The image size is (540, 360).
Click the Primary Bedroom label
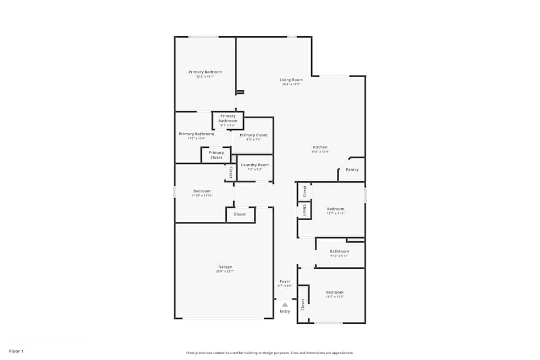pyautogui.click(x=205, y=72)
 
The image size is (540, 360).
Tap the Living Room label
pyautogui.click(x=291, y=80)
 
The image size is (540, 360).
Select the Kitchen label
pyautogui.click(x=320, y=147)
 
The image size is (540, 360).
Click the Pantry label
pyautogui.click(x=352, y=169)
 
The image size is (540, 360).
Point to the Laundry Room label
pyautogui.click(x=255, y=165)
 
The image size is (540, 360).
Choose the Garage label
pyautogui.click(x=225, y=267)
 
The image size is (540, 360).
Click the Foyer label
pyautogui.click(x=285, y=281)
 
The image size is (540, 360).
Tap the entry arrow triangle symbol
pyautogui.click(x=285, y=304)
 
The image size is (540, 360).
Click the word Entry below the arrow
pyautogui.click(x=285, y=311)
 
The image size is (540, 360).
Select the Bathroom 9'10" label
pyautogui.click(x=340, y=251)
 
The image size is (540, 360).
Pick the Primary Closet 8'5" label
pyautogui.click(x=254, y=135)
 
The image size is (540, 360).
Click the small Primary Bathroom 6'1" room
pyautogui.click(x=228, y=120)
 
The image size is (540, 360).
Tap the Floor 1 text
pyautogui.click(x=16, y=351)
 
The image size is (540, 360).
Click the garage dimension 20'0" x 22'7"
pyautogui.click(x=225, y=271)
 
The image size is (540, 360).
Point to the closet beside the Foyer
pyautogui.click(x=303, y=304)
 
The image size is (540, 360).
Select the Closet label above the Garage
pyautogui.click(x=240, y=214)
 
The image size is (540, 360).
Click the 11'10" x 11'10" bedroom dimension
pyautogui.click(x=202, y=195)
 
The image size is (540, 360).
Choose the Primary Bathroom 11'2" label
pyautogui.click(x=197, y=134)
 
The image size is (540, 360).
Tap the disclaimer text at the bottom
pyautogui.click(x=270, y=352)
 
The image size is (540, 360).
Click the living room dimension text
pyautogui.click(x=291, y=84)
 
